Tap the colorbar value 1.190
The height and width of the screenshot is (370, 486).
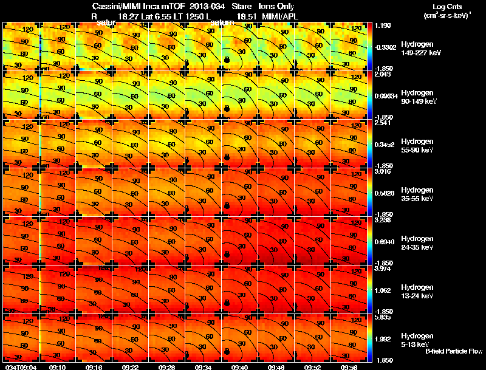pos(384,26)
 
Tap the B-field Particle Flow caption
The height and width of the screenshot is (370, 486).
pos(454,351)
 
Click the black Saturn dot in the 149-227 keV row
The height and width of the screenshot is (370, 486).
pos(227,60)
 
